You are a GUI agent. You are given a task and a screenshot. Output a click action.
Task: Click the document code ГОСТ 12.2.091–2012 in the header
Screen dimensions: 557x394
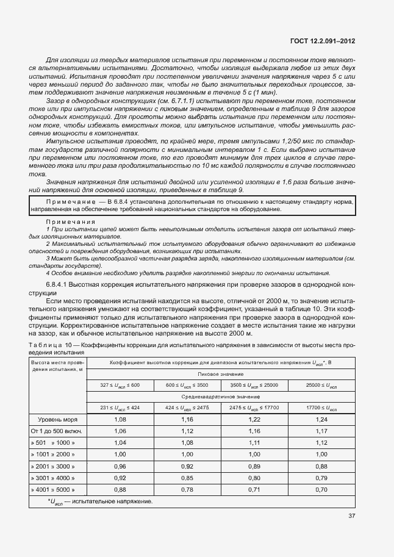point(324,41)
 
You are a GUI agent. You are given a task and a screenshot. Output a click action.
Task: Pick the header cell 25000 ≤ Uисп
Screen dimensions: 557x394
point(321,385)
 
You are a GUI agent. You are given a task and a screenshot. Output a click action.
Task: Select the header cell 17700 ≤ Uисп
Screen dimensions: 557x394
point(321,407)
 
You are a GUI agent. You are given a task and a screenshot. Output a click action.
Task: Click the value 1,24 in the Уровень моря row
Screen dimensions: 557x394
point(321,420)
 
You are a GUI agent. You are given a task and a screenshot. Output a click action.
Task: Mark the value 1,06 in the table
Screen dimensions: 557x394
point(120,431)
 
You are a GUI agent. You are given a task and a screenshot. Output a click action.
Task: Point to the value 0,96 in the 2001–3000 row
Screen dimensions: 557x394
point(120,466)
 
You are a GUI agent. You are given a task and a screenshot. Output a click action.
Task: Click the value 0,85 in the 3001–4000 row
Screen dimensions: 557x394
point(187,478)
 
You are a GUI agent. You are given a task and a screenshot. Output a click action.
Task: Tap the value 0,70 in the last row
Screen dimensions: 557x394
point(321,489)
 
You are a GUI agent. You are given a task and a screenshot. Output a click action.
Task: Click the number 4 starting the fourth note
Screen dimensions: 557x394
point(48,273)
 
